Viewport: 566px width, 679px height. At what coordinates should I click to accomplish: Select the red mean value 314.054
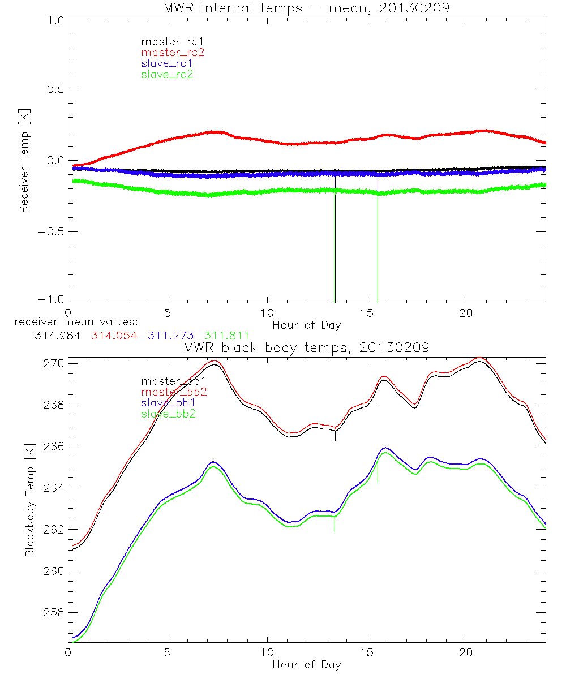[114, 335]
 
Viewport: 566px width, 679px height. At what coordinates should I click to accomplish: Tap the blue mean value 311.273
[171, 335]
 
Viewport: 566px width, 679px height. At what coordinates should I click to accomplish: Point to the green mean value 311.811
[227, 335]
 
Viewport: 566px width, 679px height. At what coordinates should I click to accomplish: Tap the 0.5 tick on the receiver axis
[54, 89]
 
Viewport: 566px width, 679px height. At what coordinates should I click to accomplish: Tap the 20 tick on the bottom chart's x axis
[466, 652]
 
